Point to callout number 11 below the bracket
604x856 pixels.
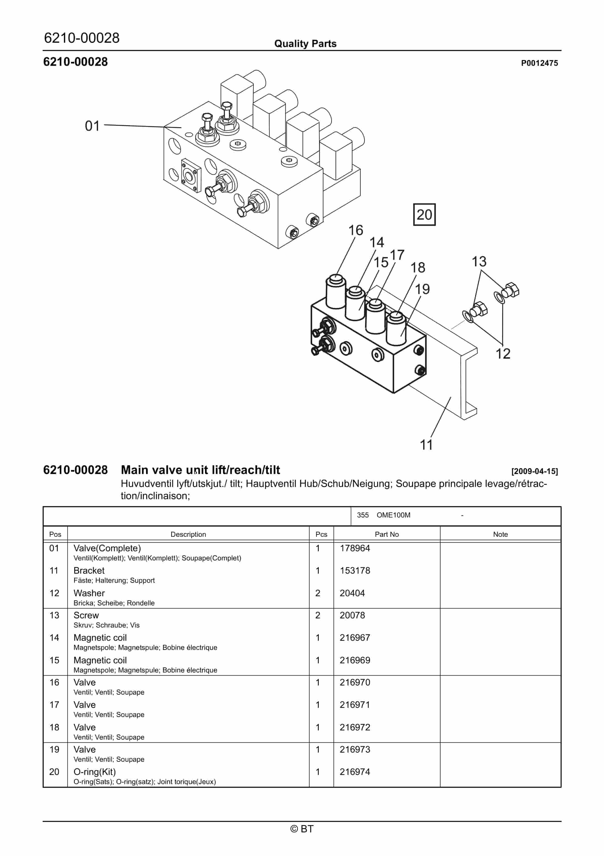(426, 445)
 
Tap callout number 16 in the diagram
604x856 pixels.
(355, 231)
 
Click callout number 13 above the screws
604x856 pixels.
(479, 261)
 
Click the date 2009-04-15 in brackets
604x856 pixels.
(534, 471)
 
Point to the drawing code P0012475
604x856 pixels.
(539, 63)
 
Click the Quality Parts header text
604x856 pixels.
(305, 44)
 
